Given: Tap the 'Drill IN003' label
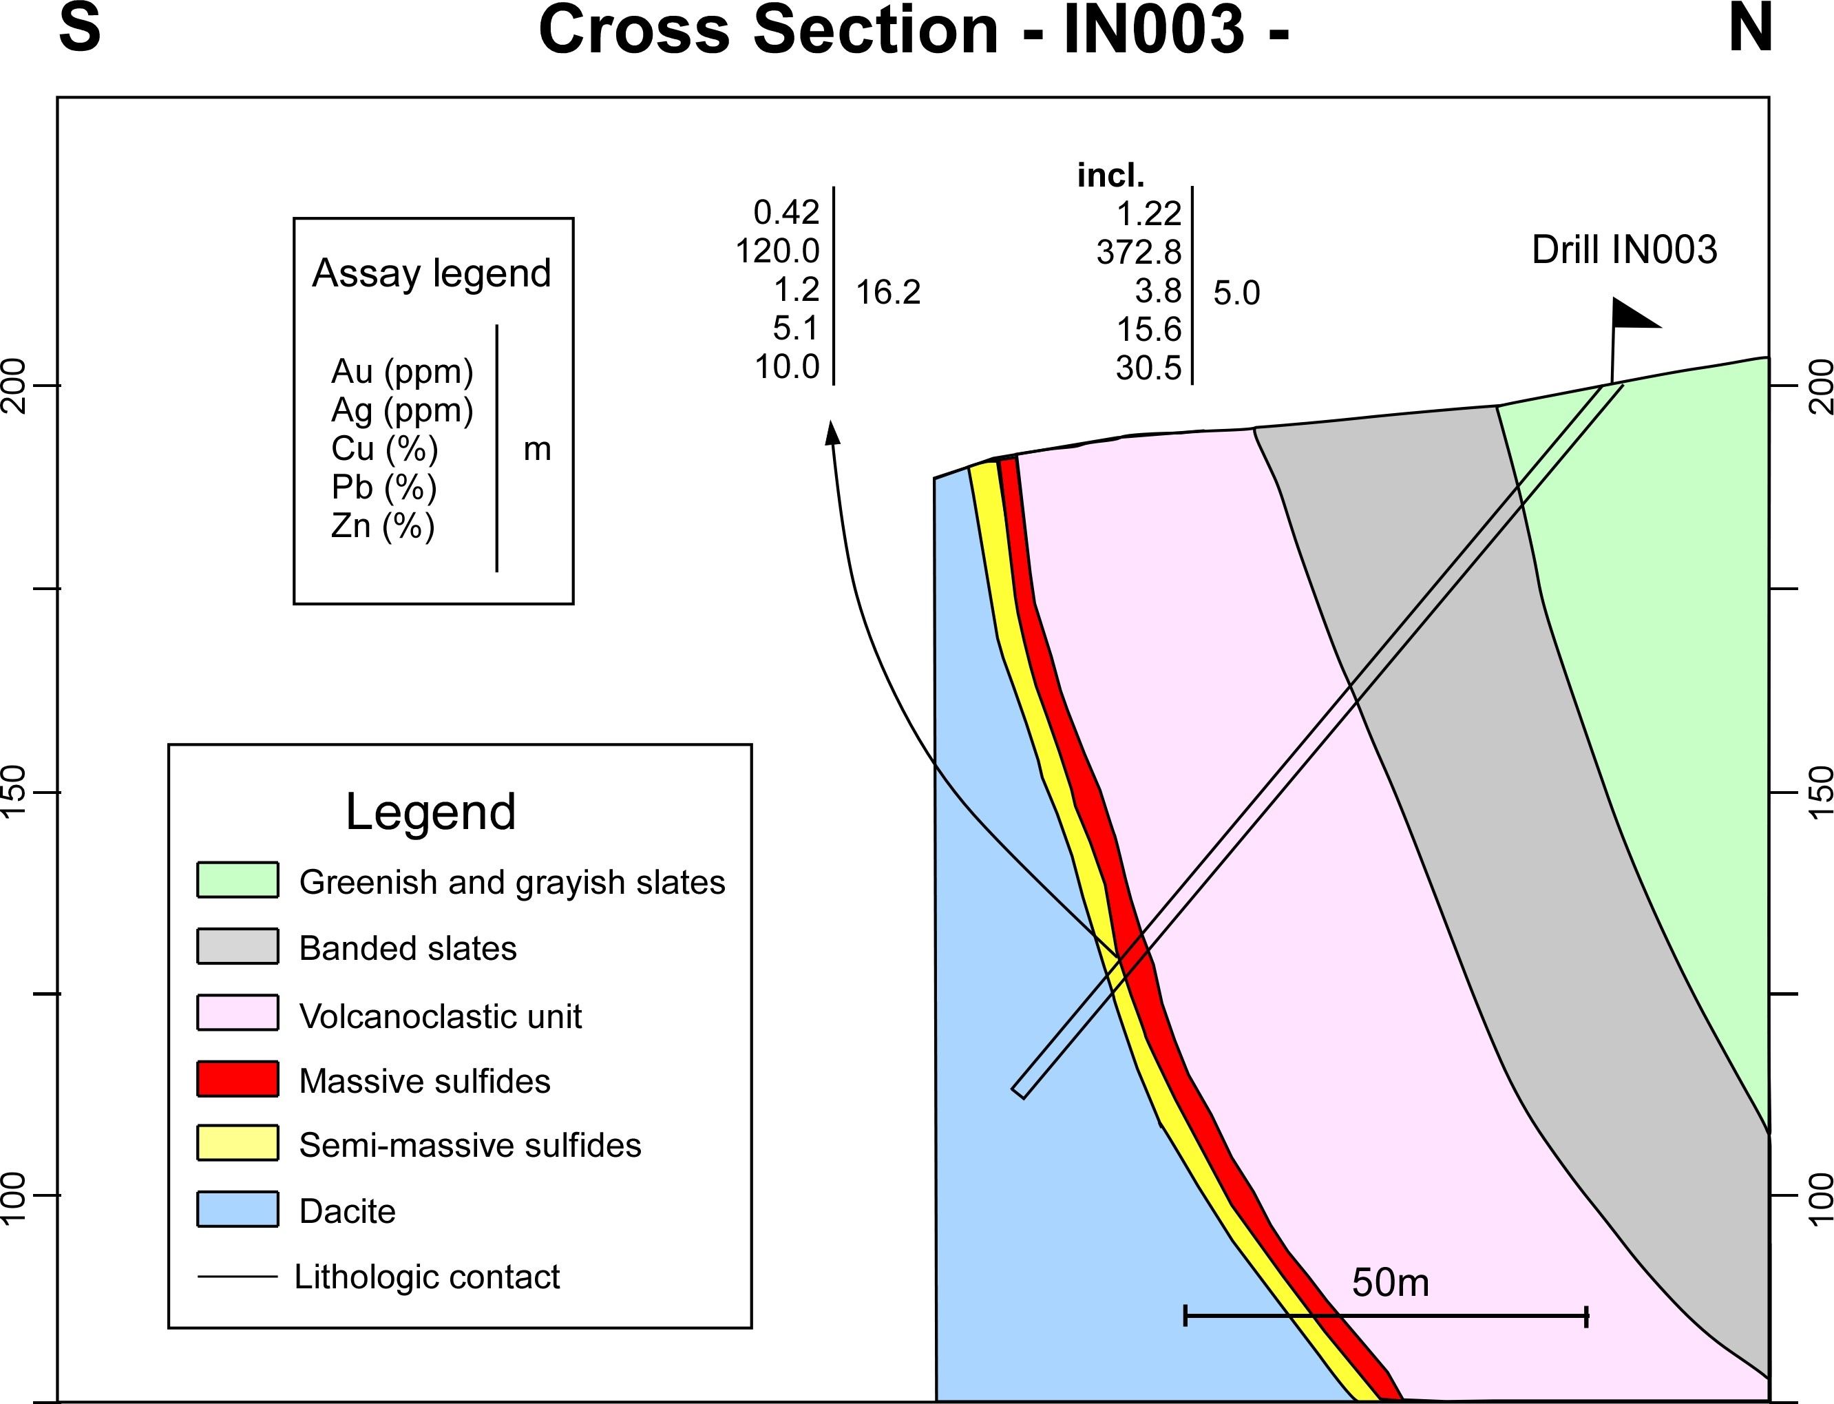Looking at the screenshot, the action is tap(1624, 250).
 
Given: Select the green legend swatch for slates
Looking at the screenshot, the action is tap(238, 880).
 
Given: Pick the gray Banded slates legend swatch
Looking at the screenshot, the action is tap(238, 946).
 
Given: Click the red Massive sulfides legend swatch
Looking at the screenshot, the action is tap(238, 1079).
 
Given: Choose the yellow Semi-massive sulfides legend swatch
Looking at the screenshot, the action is tap(238, 1143).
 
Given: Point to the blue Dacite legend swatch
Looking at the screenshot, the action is tap(238, 1209).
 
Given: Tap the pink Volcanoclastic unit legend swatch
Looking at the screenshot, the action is tap(238, 1012).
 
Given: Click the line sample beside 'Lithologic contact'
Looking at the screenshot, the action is tap(238, 1276).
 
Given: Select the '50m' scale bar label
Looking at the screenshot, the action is tap(1391, 1282).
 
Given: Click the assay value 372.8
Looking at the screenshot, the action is tap(1139, 251).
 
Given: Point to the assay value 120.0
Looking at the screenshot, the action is tap(777, 251).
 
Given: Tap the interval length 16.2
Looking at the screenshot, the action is tap(888, 293).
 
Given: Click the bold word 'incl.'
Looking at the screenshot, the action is tap(1110, 176).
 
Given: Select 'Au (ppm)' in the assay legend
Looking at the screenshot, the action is tap(402, 372).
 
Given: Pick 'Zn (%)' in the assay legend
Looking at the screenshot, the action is tap(383, 527).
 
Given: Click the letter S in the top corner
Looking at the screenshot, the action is tap(79, 28).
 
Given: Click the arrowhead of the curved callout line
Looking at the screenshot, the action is tap(832, 431).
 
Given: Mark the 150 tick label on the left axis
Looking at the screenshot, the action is tap(16, 790).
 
